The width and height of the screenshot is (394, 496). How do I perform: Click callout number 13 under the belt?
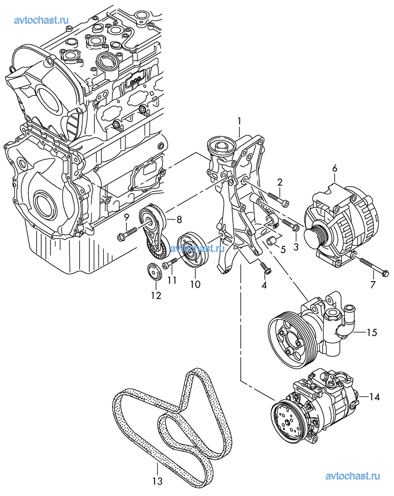(x=157, y=482)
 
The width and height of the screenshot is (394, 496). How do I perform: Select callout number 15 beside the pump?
(x=372, y=333)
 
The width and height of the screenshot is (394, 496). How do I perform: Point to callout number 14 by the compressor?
(x=374, y=396)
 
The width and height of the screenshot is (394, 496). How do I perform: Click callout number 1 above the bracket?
(x=239, y=121)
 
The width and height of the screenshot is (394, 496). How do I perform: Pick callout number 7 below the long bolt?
(x=373, y=285)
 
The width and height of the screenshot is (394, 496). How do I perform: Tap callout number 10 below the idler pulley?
(x=195, y=284)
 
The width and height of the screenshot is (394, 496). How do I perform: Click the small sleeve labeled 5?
(x=272, y=241)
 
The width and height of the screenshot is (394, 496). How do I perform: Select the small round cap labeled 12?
(x=155, y=272)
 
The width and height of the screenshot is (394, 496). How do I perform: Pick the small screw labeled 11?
(x=169, y=264)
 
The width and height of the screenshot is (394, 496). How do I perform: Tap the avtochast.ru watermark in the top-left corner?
(x=42, y=20)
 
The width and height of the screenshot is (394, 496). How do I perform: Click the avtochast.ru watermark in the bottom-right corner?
(x=353, y=476)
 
